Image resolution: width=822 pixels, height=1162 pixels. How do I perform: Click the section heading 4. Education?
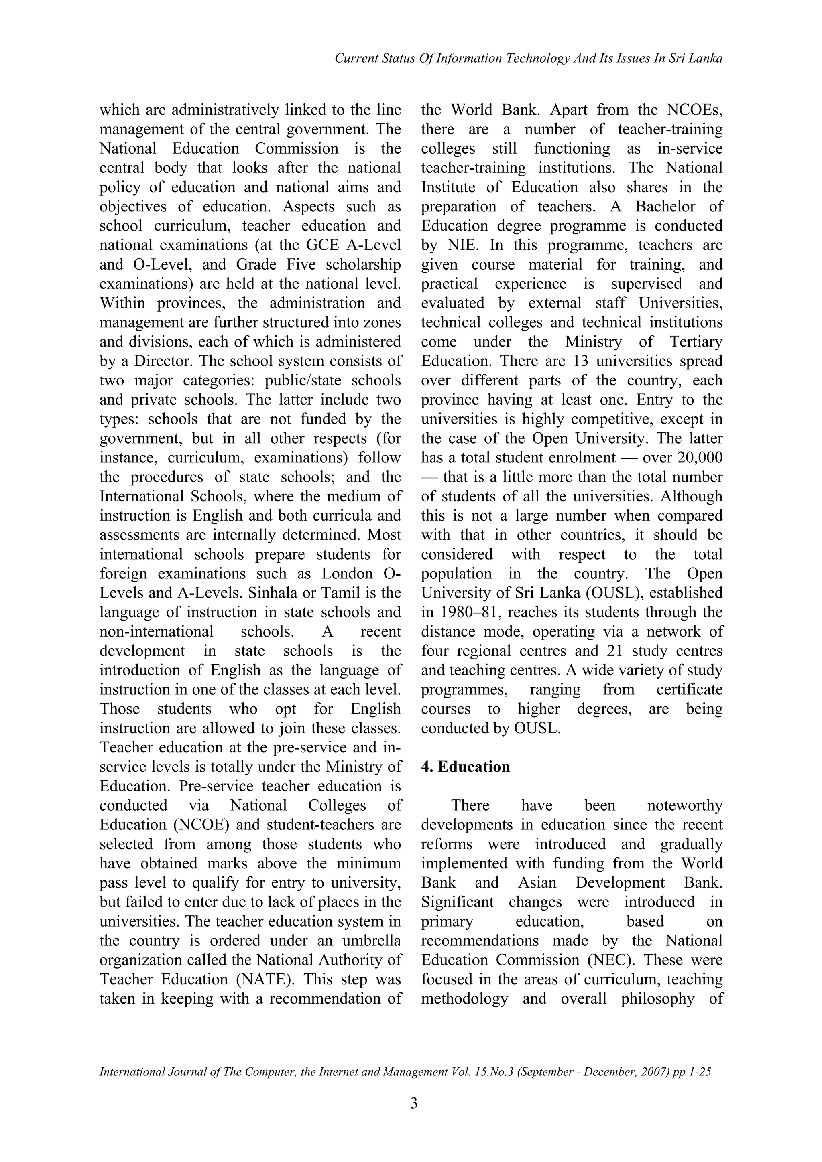(465, 767)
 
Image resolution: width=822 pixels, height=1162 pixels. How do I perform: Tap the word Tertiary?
(696, 342)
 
